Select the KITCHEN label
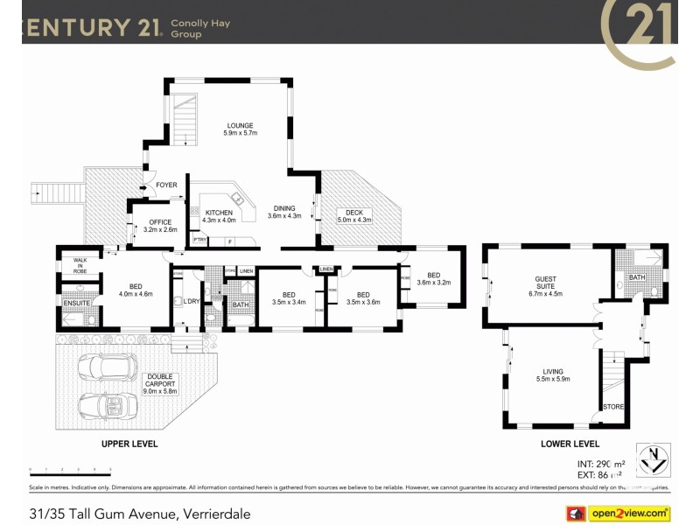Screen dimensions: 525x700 [219, 213]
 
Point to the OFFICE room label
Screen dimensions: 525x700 [160, 222]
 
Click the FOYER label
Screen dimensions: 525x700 [166, 185]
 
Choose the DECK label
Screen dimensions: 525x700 [353, 213]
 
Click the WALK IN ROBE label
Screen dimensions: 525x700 [80, 265]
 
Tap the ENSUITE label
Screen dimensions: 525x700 [76, 303]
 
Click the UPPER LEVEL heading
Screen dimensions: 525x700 [129, 444]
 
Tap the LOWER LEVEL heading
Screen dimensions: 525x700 [570, 444]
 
